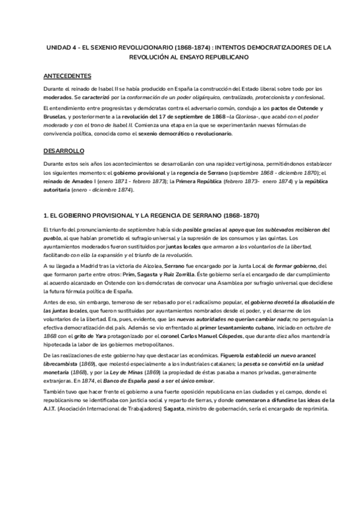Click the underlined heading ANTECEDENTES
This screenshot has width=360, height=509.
pos(67,76)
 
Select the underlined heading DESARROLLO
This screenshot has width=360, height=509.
pos(64,150)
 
